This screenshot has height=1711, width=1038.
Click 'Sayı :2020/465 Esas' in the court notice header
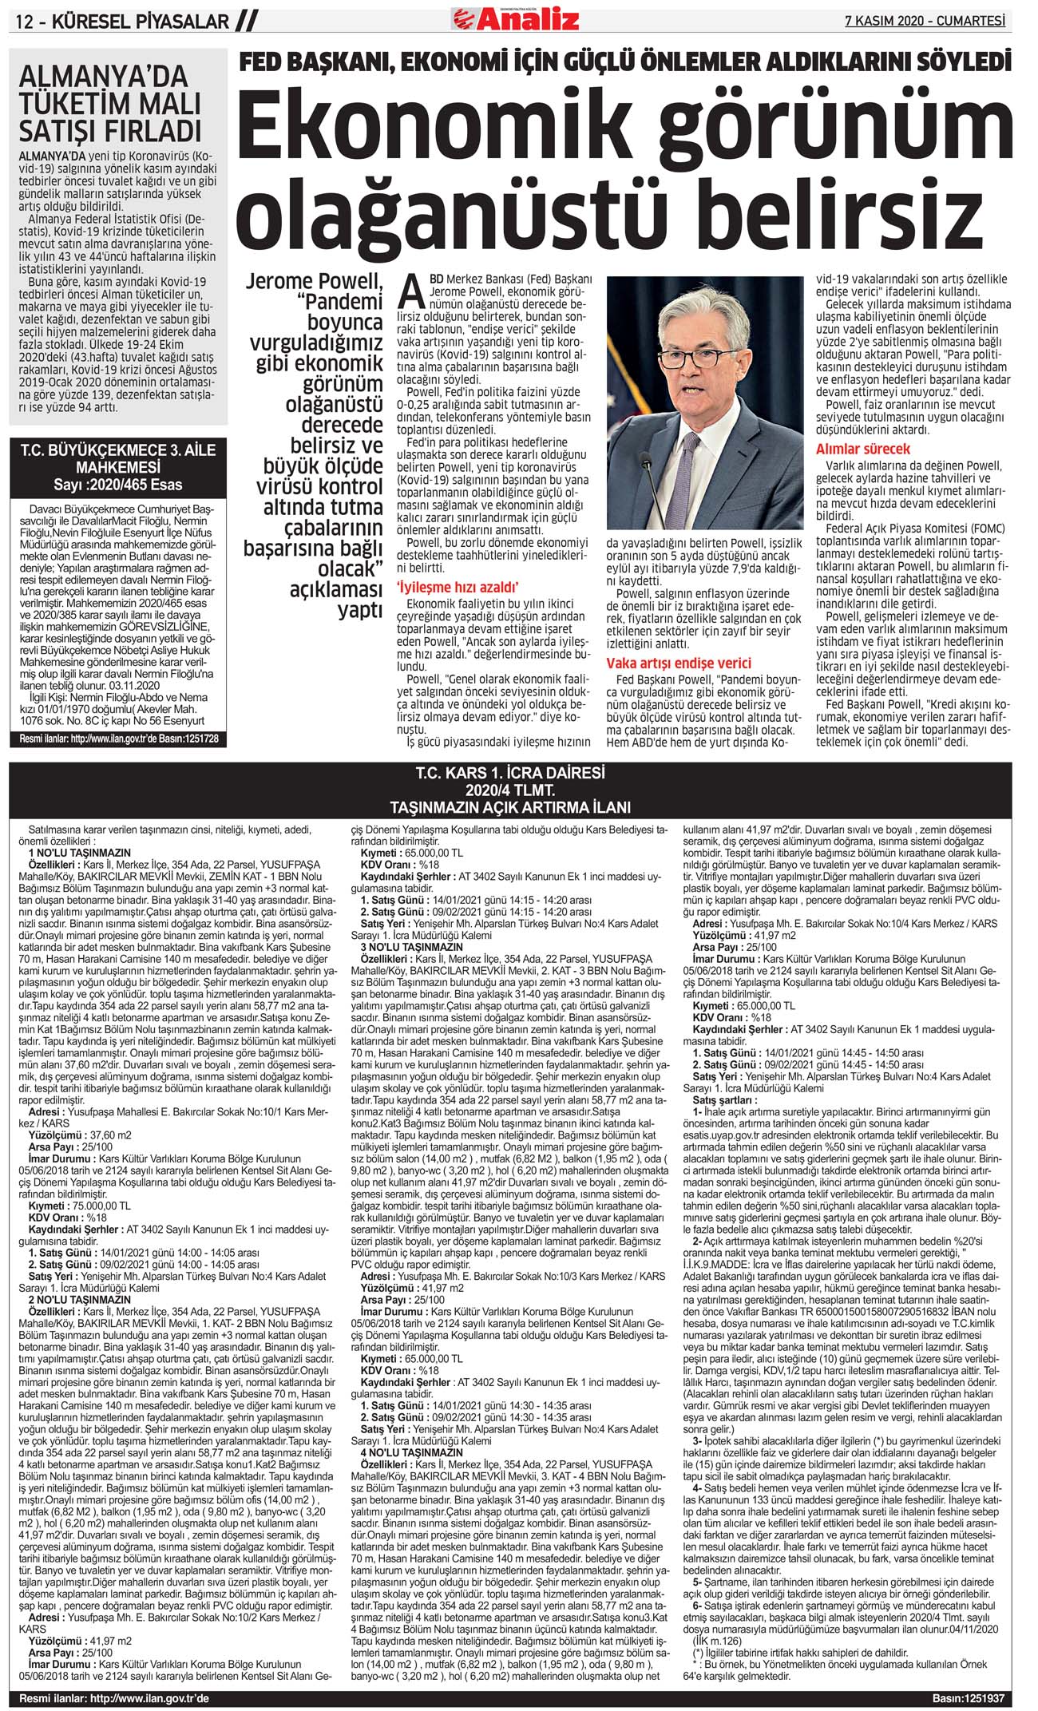118,485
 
